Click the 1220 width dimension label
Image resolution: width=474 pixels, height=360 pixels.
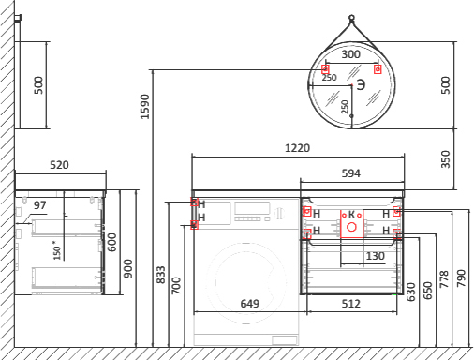click(297, 148)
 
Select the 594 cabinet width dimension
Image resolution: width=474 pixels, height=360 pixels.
click(351, 173)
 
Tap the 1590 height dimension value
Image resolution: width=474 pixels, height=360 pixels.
click(145, 107)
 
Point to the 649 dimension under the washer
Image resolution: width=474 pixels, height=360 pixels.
click(250, 304)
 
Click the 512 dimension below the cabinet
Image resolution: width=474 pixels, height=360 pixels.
click(351, 304)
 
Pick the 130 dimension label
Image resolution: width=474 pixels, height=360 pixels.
click(375, 256)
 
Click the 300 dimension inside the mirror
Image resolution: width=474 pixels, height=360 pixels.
click(351, 54)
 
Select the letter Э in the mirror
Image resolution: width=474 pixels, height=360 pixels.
click(361, 84)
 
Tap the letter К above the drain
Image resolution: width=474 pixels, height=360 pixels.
click(351, 215)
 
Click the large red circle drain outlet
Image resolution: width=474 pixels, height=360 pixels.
click(352, 227)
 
